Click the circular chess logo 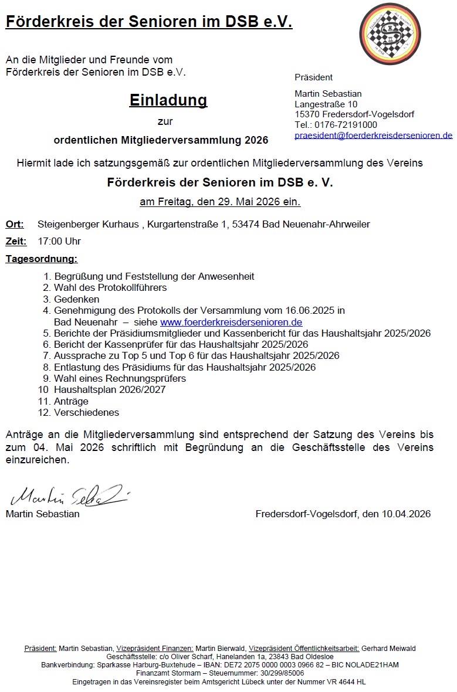click(x=390, y=33)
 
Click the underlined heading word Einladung click(x=168, y=100)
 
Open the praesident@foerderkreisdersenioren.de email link click(x=373, y=135)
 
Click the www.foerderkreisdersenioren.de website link click(x=231, y=322)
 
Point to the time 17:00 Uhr click(x=59, y=241)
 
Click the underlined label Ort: click(x=15, y=224)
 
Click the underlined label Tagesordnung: click(x=42, y=259)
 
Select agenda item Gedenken click(x=76, y=299)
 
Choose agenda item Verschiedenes click(x=86, y=412)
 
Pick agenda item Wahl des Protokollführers click(x=110, y=288)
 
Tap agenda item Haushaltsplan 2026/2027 click(x=110, y=389)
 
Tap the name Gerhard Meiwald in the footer click(x=388, y=648)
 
